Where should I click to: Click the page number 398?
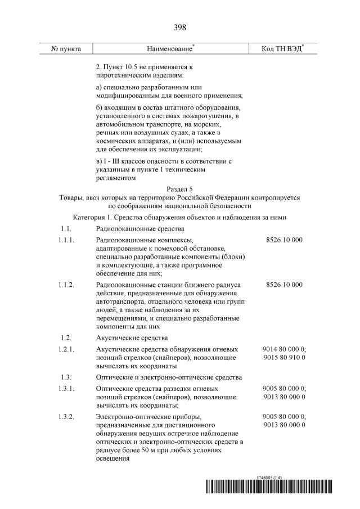point(180,28)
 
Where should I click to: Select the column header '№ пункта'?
point(66,49)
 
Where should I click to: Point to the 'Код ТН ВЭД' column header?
point(281,49)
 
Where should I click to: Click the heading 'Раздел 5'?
point(180,190)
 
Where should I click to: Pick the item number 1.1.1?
point(66,240)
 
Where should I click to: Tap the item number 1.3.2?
point(66,416)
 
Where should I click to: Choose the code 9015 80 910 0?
point(284,358)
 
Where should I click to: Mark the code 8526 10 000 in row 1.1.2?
point(284,285)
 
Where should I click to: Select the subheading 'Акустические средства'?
point(132,338)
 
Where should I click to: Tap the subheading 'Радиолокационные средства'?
point(140,229)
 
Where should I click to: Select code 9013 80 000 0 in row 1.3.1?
point(284,397)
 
